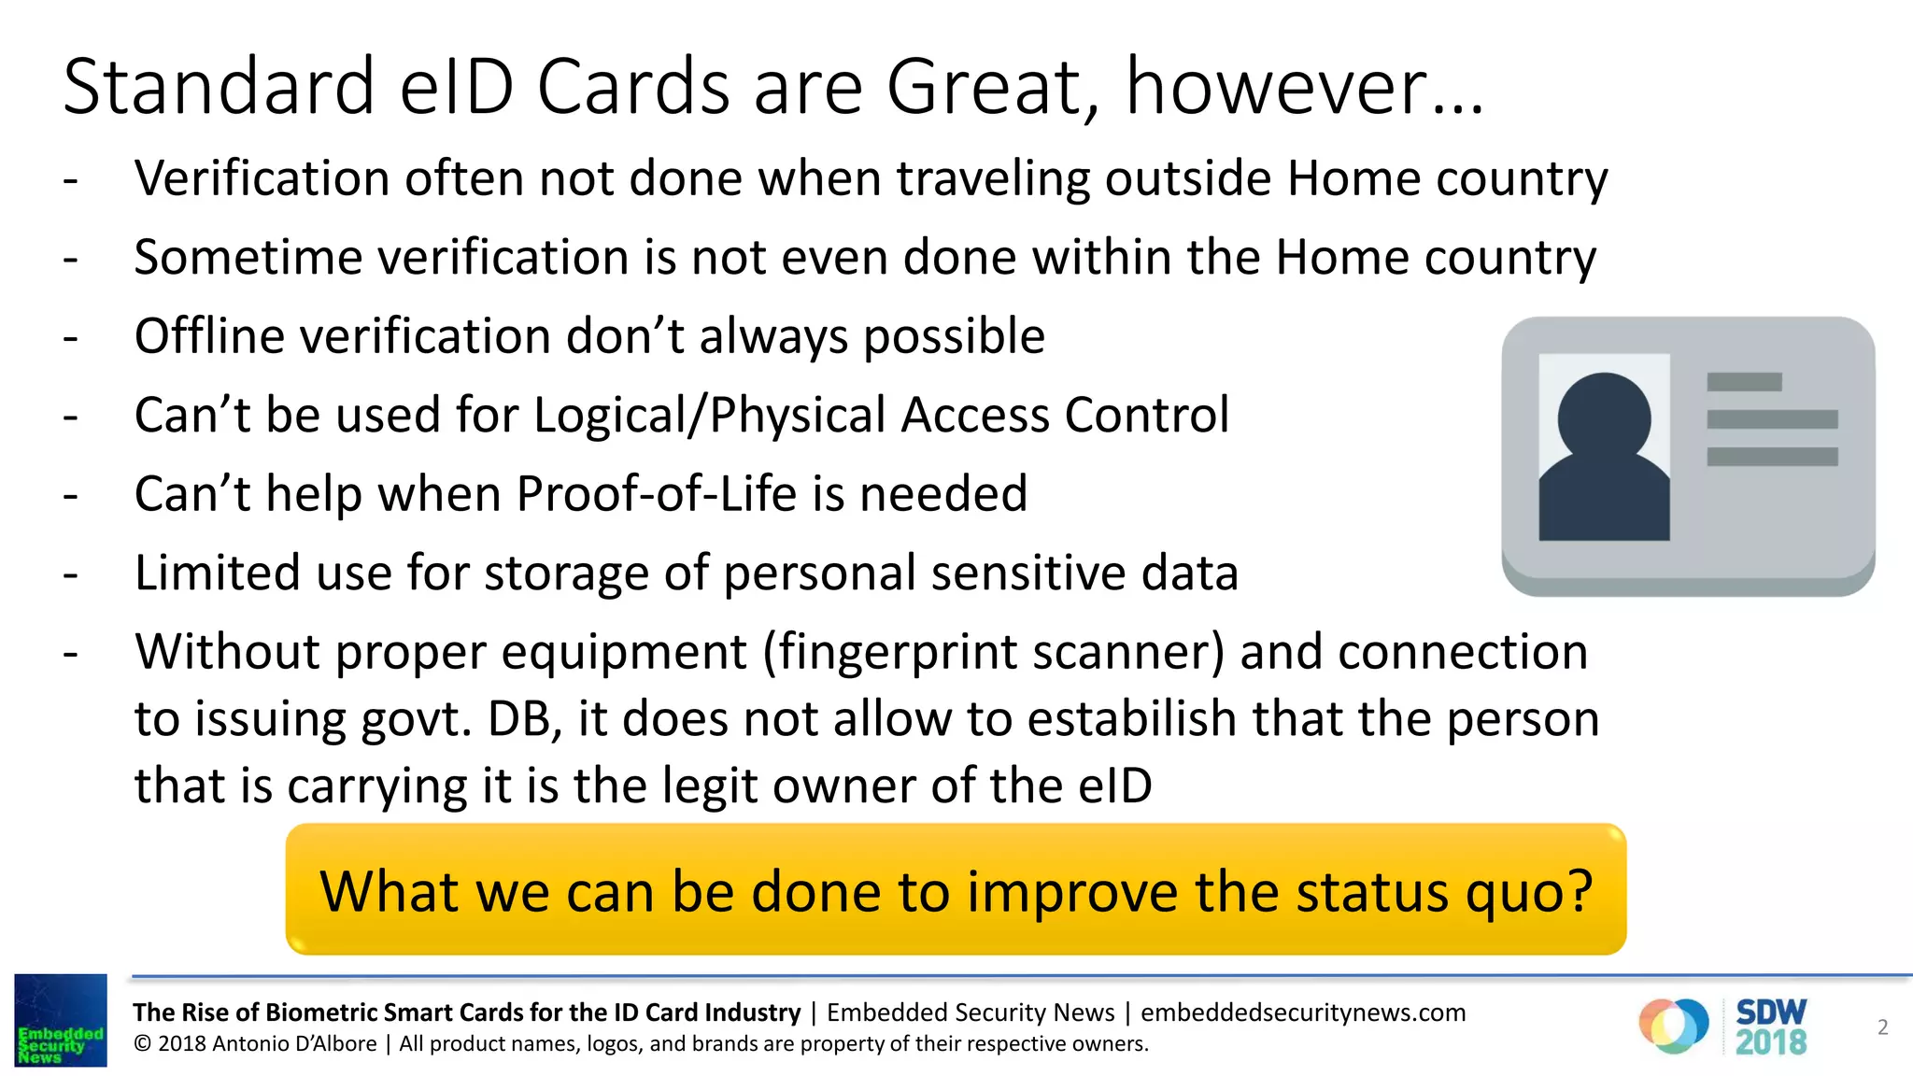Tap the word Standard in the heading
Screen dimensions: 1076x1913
coord(219,86)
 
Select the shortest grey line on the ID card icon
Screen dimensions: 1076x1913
coord(1744,382)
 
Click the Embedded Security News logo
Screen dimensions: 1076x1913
coord(61,1020)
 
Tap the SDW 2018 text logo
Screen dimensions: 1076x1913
coord(1770,1026)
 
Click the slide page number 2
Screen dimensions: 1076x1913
coord(1882,1027)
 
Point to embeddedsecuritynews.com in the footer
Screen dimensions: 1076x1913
coord(1303,1012)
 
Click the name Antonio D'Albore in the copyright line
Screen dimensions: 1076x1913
coord(294,1043)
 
